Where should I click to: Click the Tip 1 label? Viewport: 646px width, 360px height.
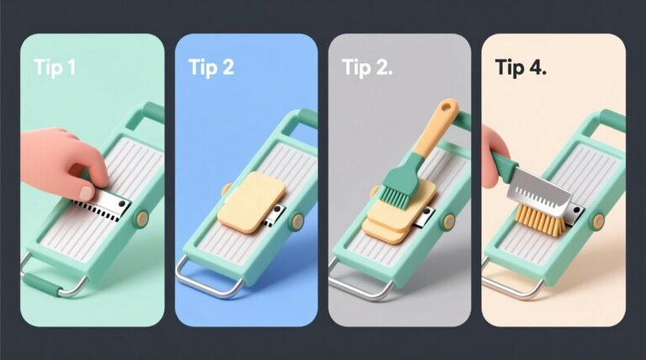52,68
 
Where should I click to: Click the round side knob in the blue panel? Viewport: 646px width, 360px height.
296,222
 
